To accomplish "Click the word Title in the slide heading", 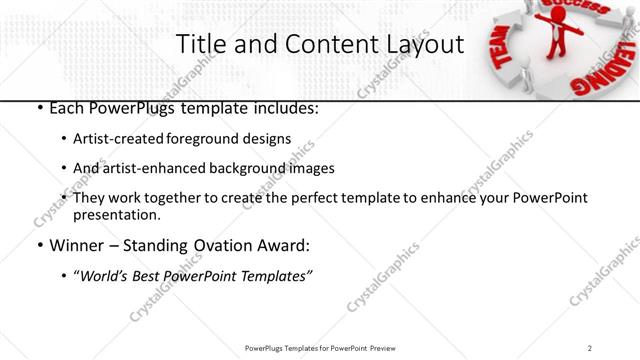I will click(x=202, y=44).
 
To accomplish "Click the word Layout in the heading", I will click(x=419, y=44).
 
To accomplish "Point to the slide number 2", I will click(x=590, y=348).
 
